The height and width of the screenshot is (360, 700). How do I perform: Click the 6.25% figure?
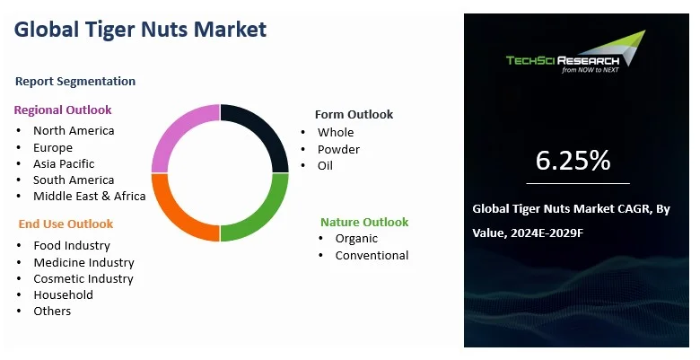click(573, 160)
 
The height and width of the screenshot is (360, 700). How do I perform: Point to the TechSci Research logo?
click(576, 52)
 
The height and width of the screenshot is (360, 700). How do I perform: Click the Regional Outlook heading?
click(63, 110)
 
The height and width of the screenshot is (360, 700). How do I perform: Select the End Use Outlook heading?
click(66, 224)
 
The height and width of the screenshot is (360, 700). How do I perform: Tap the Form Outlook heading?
click(354, 114)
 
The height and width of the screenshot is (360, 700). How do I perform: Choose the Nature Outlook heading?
click(364, 222)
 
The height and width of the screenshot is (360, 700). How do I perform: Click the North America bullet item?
click(74, 130)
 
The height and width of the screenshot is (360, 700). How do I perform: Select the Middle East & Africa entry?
click(89, 196)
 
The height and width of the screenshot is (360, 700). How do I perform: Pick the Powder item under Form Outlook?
click(338, 149)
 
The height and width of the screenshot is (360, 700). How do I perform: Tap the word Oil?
click(325, 166)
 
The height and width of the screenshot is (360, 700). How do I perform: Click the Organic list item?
click(356, 239)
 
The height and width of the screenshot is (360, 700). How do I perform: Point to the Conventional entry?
click(372, 256)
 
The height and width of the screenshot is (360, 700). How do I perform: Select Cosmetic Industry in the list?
click(83, 278)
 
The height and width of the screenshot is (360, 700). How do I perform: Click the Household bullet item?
click(64, 294)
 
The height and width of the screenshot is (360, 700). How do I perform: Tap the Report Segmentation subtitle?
click(75, 82)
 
